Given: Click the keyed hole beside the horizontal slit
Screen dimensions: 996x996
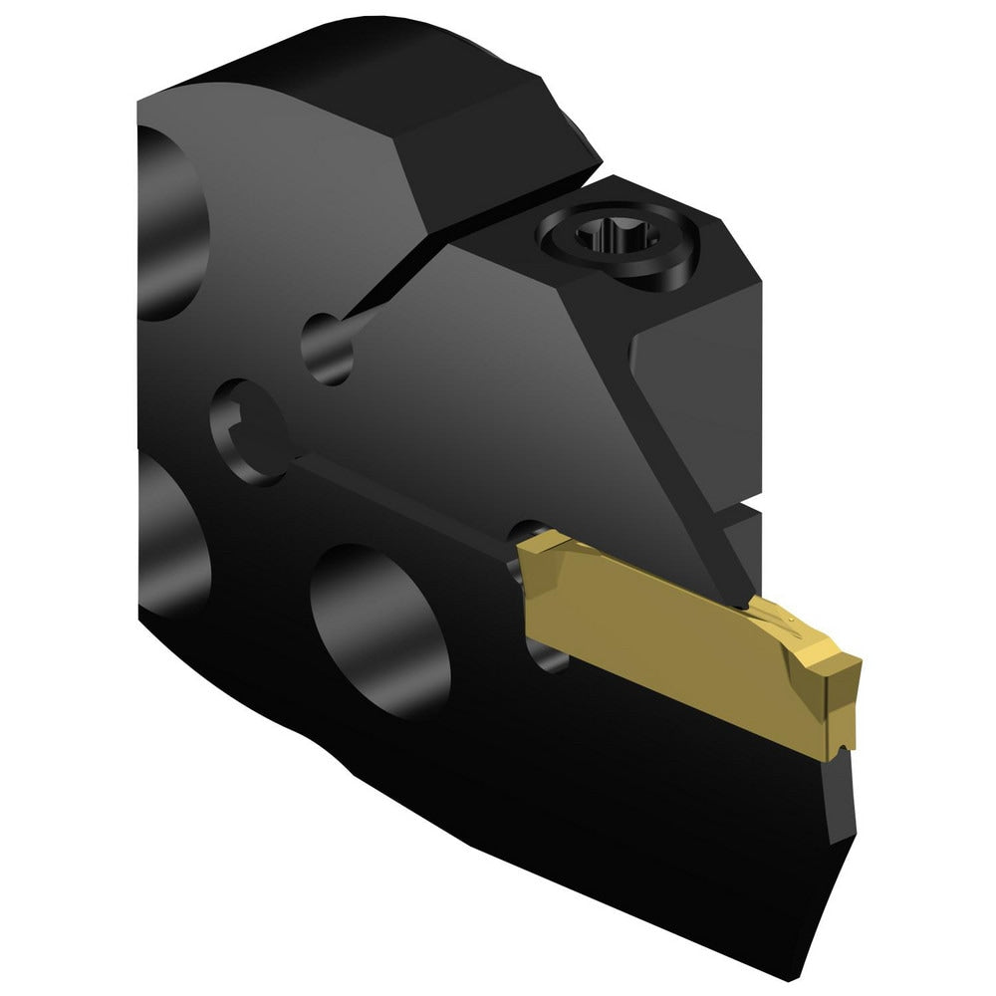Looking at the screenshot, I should click(245, 426).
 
